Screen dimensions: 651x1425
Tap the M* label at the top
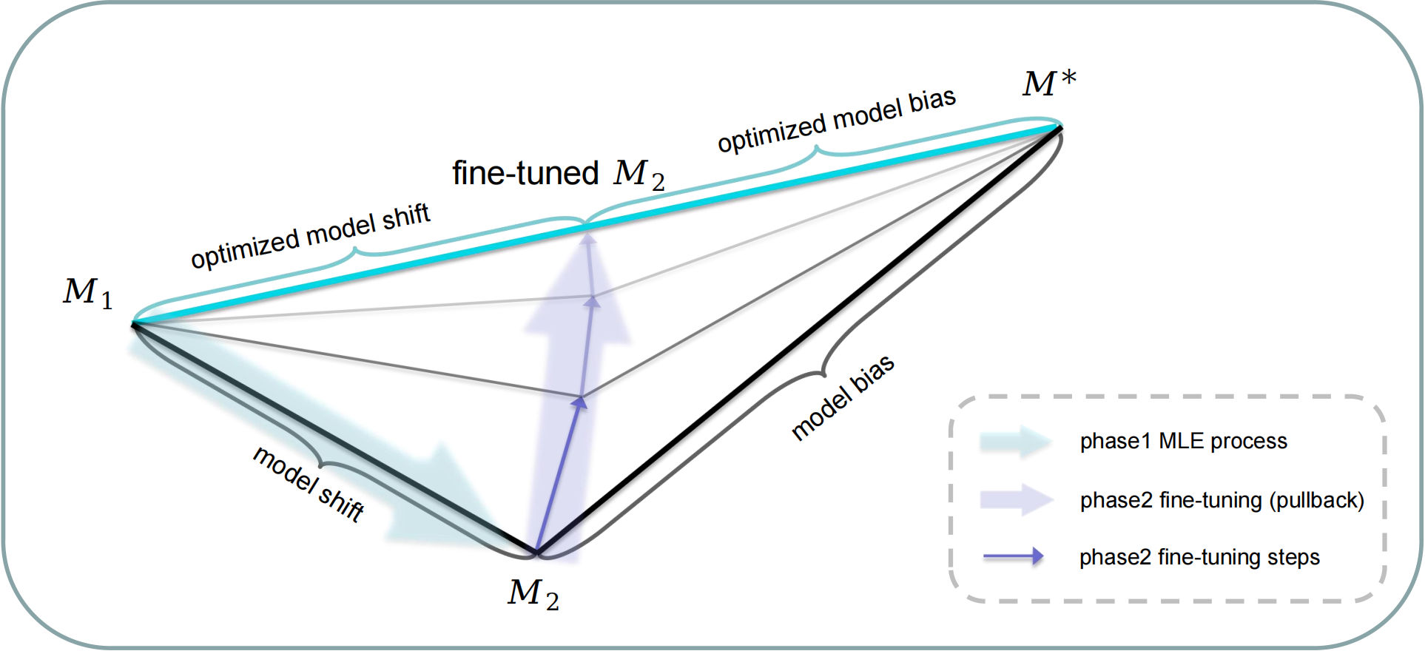pyautogui.click(x=1049, y=83)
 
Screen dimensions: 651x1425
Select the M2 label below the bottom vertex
pyautogui.click(x=533, y=594)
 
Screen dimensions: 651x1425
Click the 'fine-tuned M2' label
pyautogui.click(x=559, y=173)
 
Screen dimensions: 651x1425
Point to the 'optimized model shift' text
pyautogui.click(x=310, y=235)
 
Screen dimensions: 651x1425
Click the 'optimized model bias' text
pyautogui.click(x=837, y=121)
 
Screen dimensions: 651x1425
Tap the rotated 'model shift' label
pyautogui.click(x=309, y=485)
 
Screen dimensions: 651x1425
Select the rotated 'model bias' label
pyautogui.click(x=843, y=397)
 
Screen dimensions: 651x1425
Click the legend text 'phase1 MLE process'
pyautogui.click(x=1183, y=442)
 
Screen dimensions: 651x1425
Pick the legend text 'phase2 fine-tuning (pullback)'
pyautogui.click(x=1222, y=501)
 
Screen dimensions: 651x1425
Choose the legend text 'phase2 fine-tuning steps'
pyautogui.click(x=1199, y=557)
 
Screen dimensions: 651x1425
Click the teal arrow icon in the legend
pyautogui.click(x=1016, y=442)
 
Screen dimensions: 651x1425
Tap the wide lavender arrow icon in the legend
pyautogui.click(x=1016, y=500)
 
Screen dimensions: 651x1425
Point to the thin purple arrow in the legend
pyautogui.click(x=1013, y=557)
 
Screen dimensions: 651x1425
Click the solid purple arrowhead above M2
pyautogui.click(x=581, y=402)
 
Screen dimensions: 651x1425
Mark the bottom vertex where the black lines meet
pyautogui.click(x=536, y=552)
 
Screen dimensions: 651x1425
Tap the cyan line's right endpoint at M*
pyautogui.click(x=1060, y=128)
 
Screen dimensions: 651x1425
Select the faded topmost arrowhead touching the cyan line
pyautogui.click(x=587, y=237)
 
